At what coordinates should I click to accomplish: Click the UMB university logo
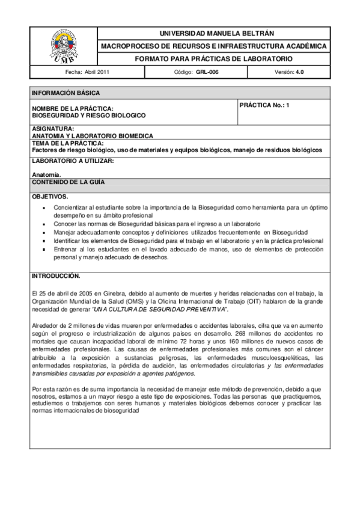63,46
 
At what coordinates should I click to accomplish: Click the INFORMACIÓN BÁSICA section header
66,93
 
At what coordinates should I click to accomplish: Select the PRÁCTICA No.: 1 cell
264,105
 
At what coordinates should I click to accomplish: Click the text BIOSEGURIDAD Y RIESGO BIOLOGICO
88,115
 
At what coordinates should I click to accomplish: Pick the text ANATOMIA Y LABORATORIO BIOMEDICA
92,136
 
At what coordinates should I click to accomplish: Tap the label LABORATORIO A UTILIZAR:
72,161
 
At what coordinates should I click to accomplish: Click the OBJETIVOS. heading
50,197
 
